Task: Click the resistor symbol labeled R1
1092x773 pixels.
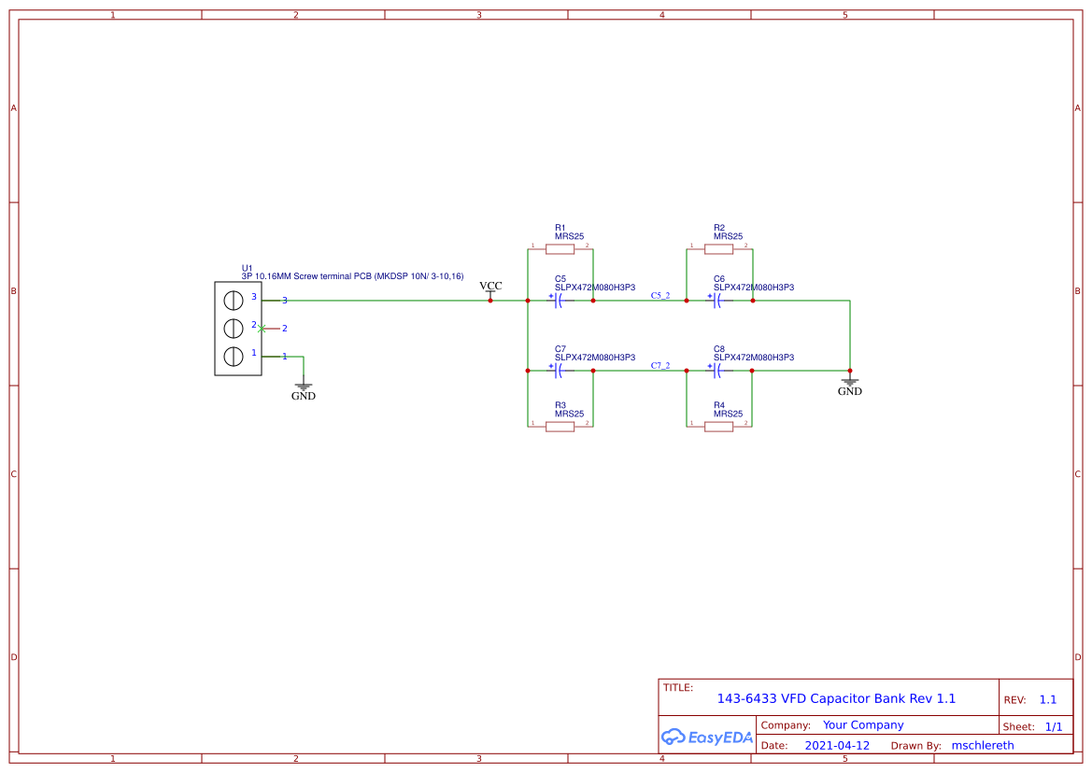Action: click(560, 249)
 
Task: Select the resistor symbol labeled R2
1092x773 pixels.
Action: click(718, 249)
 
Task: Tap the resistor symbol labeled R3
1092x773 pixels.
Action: click(560, 427)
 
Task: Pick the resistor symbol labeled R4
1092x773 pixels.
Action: click(718, 427)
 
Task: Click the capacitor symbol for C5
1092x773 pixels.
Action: click(559, 301)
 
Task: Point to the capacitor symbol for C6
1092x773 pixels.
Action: click(717, 301)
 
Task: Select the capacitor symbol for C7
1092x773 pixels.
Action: click(559, 371)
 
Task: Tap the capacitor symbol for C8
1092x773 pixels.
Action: click(717, 371)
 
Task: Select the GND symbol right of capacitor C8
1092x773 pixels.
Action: click(849, 385)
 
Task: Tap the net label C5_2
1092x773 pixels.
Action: click(660, 295)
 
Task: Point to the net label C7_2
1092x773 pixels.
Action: click(660, 365)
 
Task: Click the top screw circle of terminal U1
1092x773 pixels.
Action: click(234, 300)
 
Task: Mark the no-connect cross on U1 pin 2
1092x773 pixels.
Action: click(262, 328)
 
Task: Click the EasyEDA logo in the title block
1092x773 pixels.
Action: click(707, 737)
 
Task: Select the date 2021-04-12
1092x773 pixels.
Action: click(837, 746)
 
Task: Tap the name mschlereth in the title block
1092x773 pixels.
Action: click(982, 746)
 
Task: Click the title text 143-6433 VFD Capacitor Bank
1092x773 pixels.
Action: click(836, 698)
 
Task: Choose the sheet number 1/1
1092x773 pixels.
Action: click(1053, 726)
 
